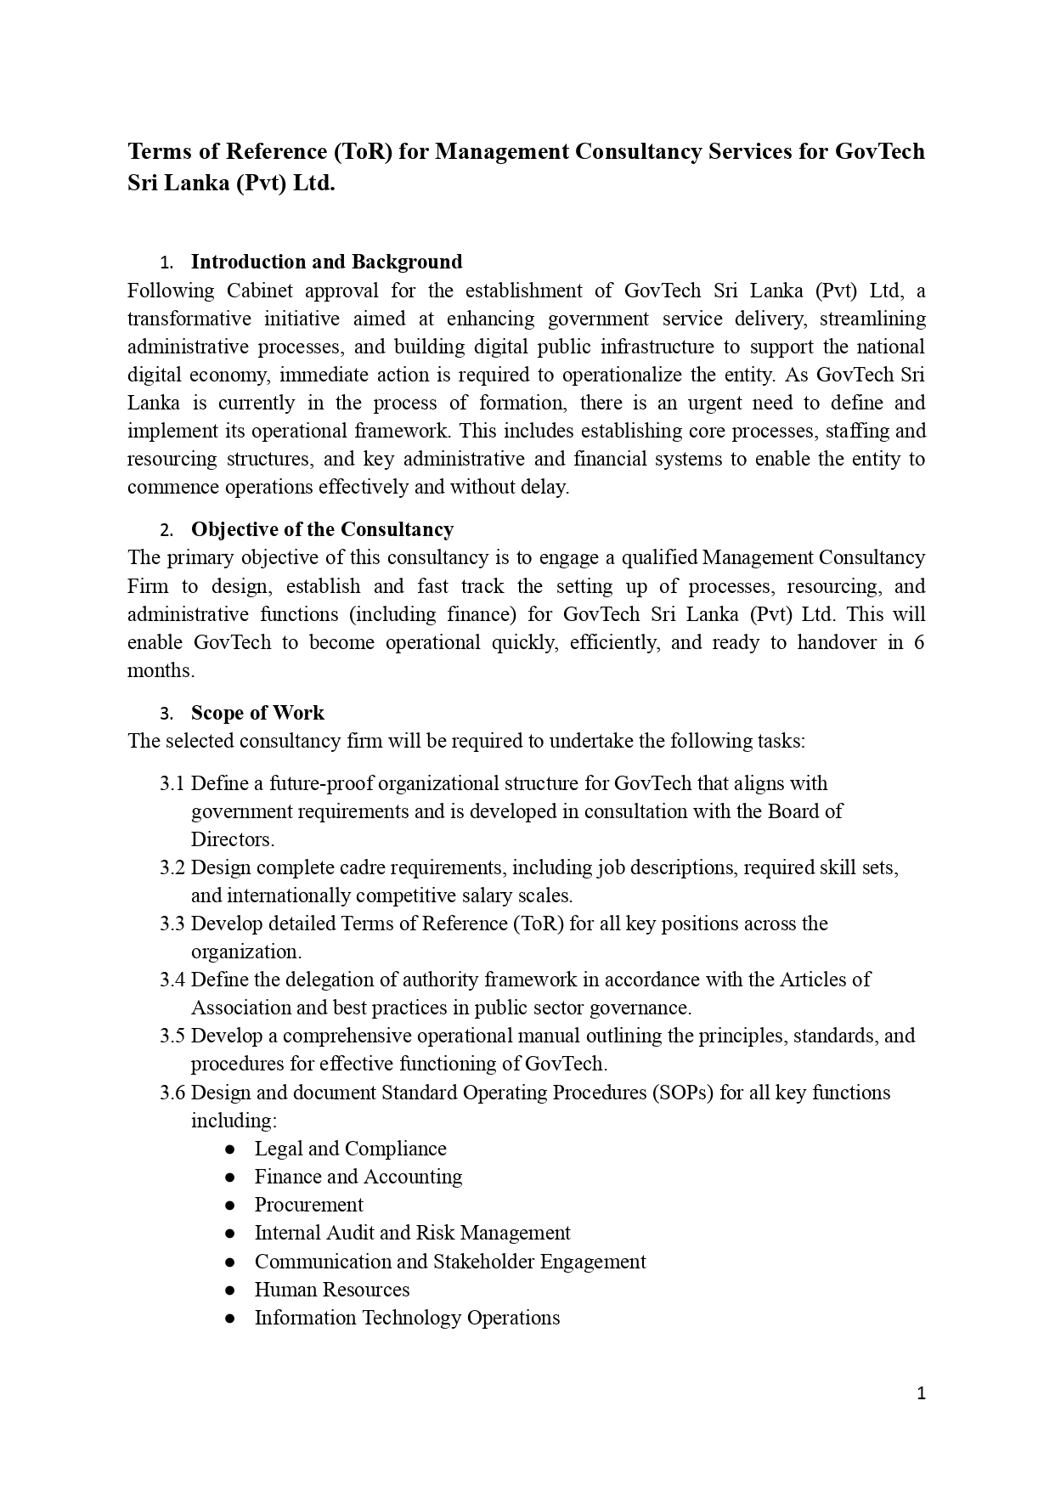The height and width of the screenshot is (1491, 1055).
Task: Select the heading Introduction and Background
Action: tap(326, 262)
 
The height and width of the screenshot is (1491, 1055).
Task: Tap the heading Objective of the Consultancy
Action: tap(322, 529)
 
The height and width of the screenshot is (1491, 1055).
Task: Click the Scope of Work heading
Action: tap(257, 713)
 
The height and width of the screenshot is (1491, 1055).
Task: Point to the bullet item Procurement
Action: tap(308, 1205)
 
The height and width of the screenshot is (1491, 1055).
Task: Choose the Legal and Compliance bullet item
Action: tap(350, 1149)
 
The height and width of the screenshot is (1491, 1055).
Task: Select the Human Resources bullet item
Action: tap(331, 1290)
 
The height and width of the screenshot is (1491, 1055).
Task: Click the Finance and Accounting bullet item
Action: tap(358, 1177)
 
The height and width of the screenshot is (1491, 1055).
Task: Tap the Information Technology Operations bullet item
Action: tap(407, 1318)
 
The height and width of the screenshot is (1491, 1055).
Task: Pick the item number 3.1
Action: tap(172, 783)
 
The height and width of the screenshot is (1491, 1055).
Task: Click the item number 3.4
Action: tap(172, 980)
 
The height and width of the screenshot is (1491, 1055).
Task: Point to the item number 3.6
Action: tap(172, 1093)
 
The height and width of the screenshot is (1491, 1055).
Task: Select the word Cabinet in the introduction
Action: tap(259, 291)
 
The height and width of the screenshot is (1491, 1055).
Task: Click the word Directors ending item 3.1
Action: tap(232, 839)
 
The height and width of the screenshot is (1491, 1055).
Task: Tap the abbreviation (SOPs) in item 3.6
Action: tap(683, 1093)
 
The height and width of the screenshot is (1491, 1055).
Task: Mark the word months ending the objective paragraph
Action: tap(161, 670)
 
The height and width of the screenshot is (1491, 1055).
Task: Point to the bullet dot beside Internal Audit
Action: tap(229, 1234)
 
